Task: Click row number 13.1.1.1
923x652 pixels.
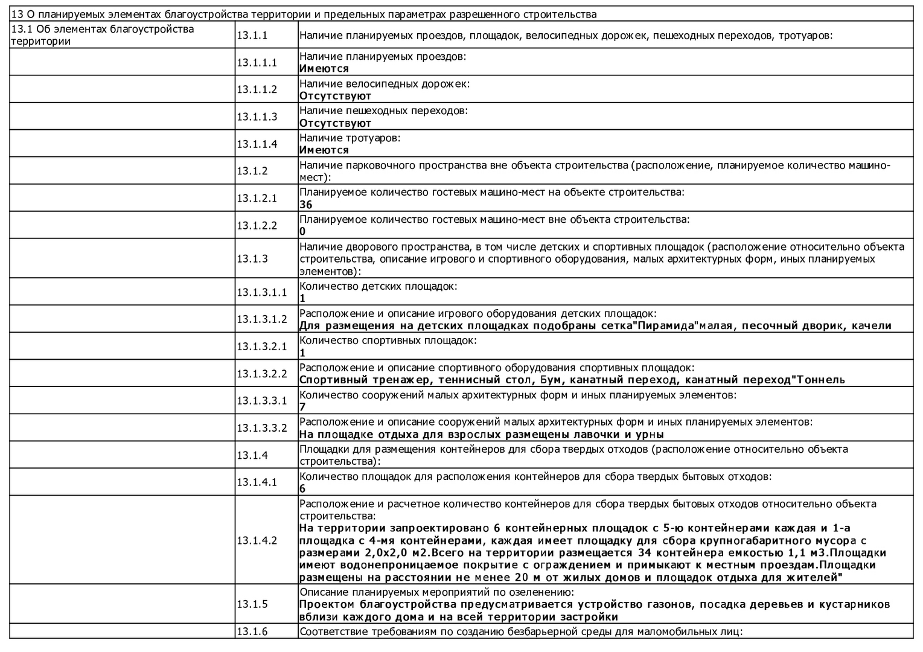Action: [x=257, y=62]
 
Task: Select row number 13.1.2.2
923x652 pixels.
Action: [x=257, y=225]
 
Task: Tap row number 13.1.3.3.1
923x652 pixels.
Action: [x=261, y=400]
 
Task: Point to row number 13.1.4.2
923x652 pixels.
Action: [x=257, y=540]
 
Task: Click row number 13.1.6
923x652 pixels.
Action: [x=252, y=631]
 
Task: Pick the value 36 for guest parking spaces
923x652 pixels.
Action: [x=305, y=205]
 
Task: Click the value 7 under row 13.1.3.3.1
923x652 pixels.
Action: [x=302, y=407]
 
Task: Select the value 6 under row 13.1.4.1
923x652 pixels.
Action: [x=302, y=488]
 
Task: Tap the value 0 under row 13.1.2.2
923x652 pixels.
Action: [x=302, y=231]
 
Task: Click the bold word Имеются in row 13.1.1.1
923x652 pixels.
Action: [x=324, y=68]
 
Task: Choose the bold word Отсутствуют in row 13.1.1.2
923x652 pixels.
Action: [x=335, y=95]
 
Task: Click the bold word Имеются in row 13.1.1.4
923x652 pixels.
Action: [x=324, y=150]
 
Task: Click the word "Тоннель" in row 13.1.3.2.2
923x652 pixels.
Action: [x=817, y=380]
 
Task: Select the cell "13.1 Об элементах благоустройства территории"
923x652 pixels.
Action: [x=103, y=35]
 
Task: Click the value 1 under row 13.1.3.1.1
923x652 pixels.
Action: [x=302, y=298]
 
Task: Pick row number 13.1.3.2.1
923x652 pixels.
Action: [x=261, y=346]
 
